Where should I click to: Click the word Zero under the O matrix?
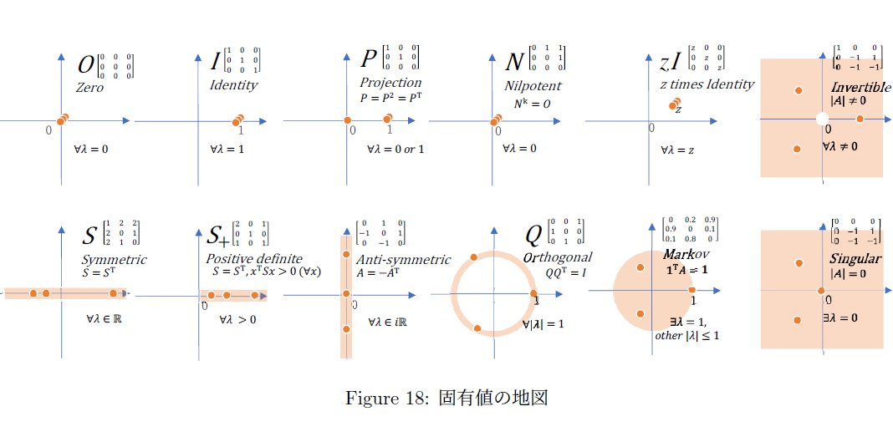coord(89,87)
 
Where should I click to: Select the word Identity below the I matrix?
coord(233,85)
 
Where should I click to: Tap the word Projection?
coord(390,83)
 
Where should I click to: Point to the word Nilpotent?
coord(533,85)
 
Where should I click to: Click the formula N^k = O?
coord(531,103)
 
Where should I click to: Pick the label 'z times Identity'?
coord(707,84)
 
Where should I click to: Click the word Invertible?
coord(855,88)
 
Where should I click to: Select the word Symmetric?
coord(113,259)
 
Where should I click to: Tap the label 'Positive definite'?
coord(254,259)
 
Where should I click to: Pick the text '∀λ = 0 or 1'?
coord(395,149)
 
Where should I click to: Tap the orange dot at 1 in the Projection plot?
coord(386,120)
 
